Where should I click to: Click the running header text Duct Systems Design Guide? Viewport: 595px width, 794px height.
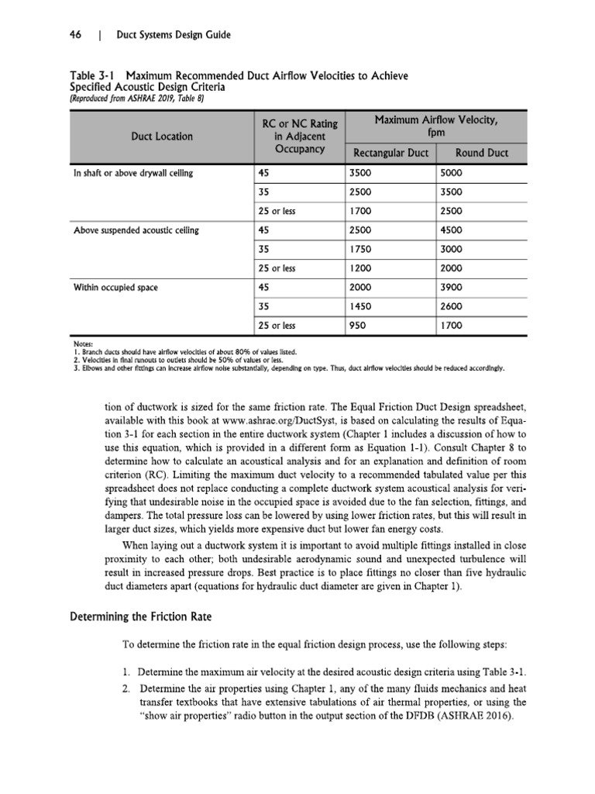click(173, 35)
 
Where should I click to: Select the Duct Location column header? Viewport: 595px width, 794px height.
click(162, 136)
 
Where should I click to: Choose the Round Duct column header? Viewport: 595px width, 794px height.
click(482, 153)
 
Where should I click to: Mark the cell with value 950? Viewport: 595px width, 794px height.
click(358, 326)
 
